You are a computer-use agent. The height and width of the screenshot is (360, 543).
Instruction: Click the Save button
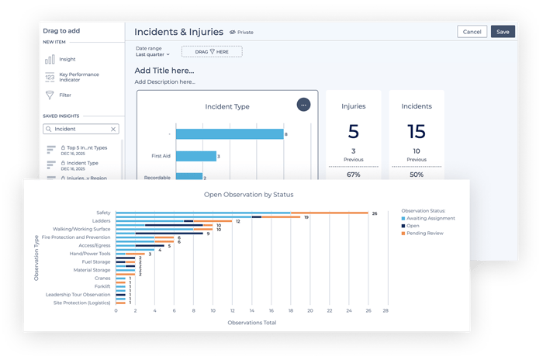[503, 32]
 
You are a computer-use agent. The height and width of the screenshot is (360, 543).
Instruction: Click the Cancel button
[472, 32]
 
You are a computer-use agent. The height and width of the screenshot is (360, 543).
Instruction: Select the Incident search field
[81, 129]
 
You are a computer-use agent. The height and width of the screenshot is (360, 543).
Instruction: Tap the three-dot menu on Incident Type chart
[303, 105]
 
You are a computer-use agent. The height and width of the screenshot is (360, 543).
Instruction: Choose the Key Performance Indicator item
[80, 78]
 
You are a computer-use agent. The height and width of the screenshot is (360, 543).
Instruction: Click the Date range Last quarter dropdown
[152, 55]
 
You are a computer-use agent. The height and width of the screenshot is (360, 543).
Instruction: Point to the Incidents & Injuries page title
[178, 32]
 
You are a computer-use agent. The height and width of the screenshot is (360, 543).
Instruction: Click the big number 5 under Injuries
[353, 131]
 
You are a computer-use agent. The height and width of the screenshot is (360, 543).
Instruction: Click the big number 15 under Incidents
[417, 131]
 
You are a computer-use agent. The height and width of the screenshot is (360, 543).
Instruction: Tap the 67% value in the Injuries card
[353, 175]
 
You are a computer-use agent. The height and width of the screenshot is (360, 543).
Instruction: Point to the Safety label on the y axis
[103, 213]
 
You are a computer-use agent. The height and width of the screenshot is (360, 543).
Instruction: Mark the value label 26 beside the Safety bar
[374, 213]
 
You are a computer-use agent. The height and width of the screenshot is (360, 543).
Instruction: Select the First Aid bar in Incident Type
[195, 156]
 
